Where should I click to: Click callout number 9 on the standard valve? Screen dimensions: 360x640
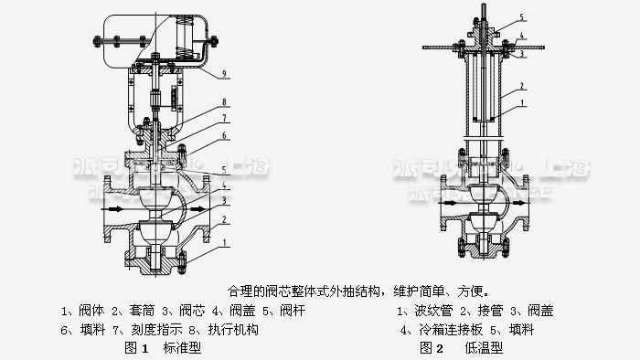224,71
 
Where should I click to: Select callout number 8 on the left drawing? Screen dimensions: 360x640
224,101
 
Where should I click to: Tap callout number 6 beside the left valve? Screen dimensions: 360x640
224,135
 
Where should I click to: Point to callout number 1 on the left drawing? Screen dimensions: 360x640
224,243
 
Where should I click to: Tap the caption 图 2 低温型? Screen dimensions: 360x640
458,347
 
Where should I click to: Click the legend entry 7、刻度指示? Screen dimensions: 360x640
153,329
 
